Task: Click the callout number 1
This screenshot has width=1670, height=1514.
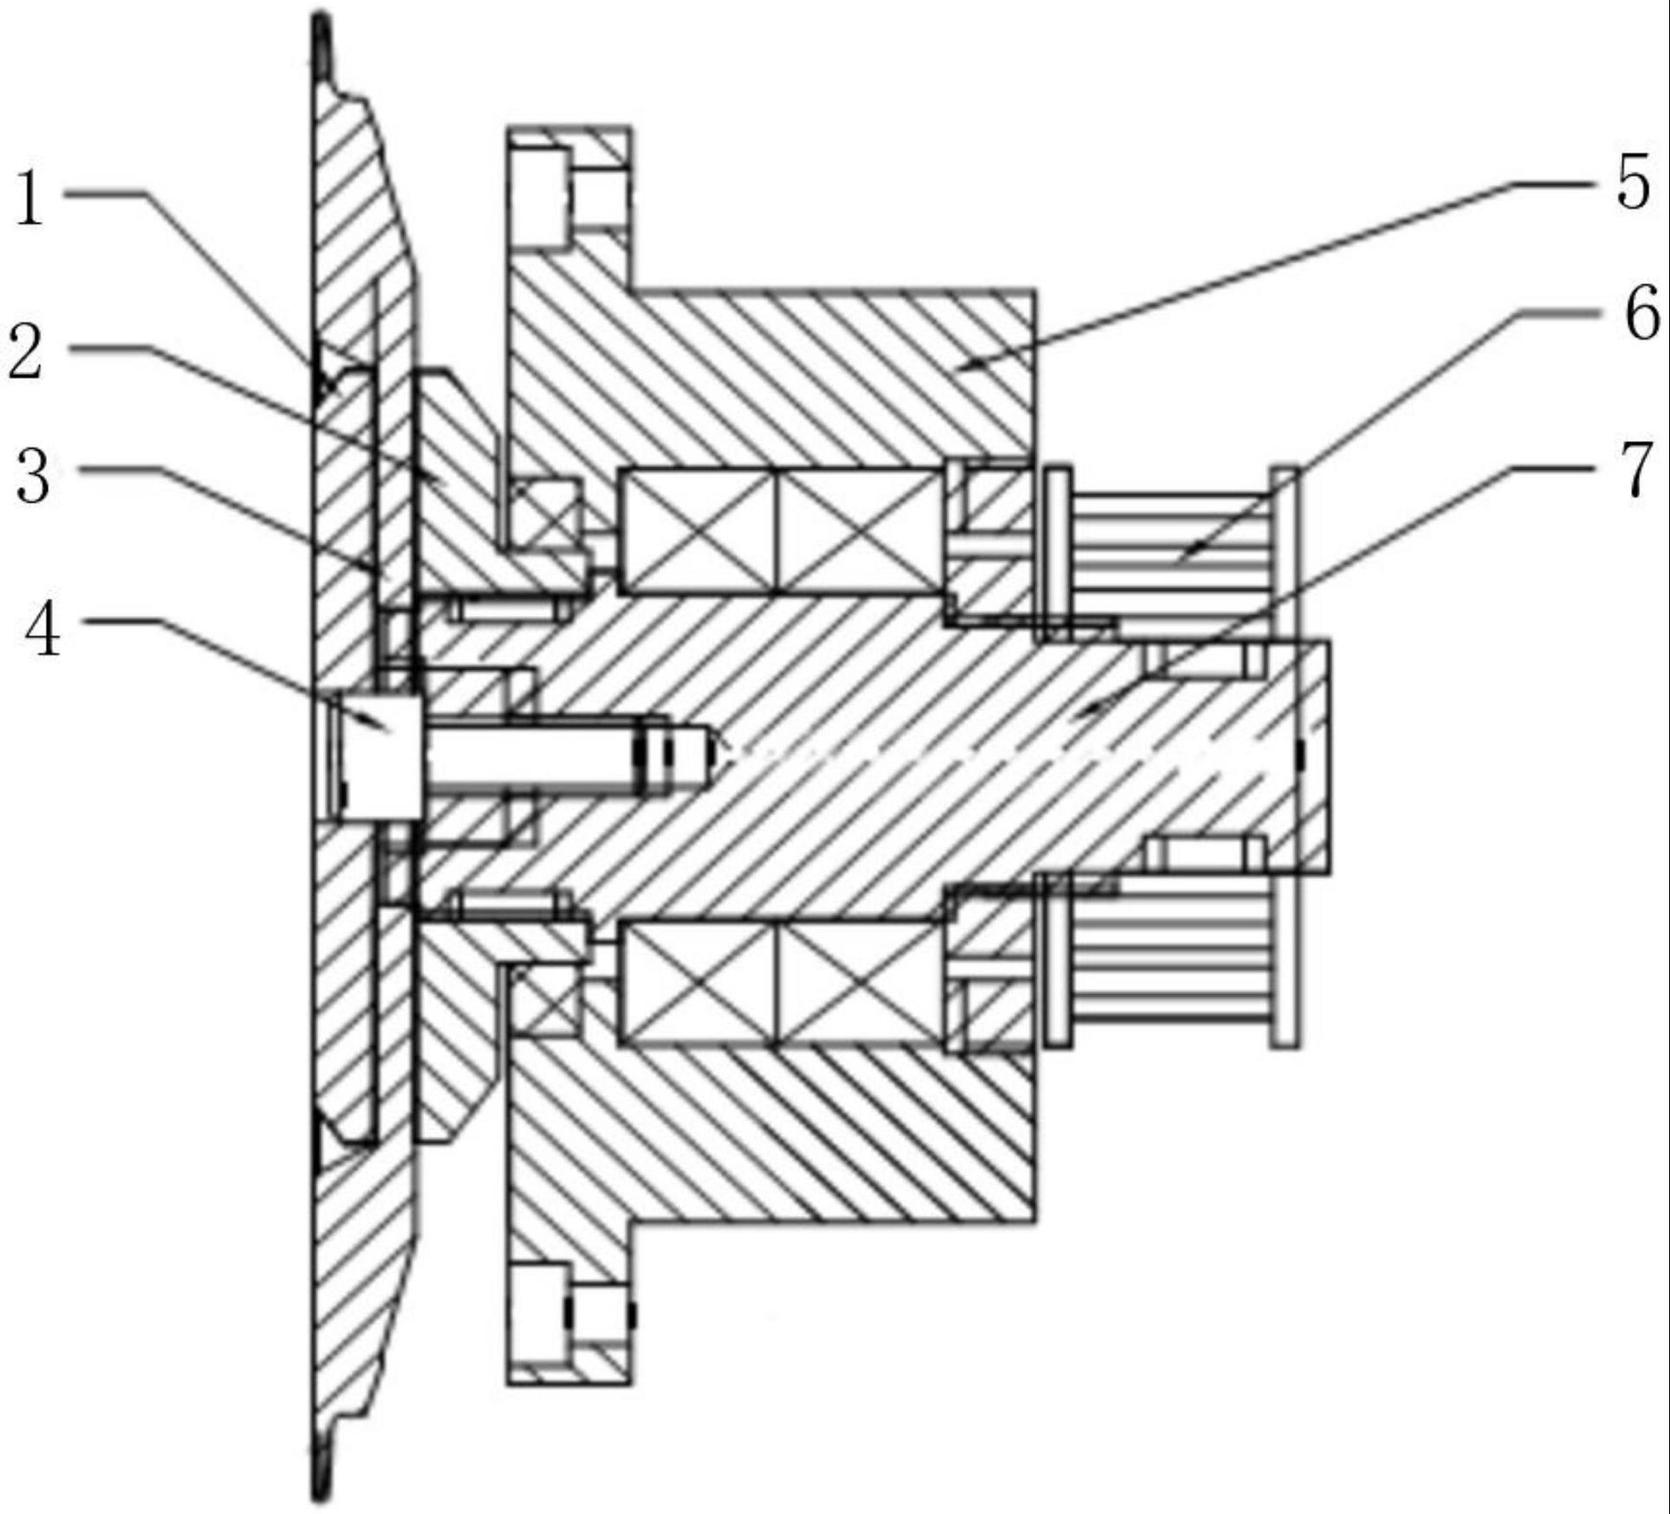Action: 30,198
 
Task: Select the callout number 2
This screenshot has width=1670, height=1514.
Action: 26,349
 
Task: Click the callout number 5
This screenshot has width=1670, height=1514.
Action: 1633,183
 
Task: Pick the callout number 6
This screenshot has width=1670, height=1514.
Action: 1641,313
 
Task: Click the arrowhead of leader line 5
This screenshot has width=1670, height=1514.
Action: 959,368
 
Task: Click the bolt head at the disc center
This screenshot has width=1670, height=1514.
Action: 379,757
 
